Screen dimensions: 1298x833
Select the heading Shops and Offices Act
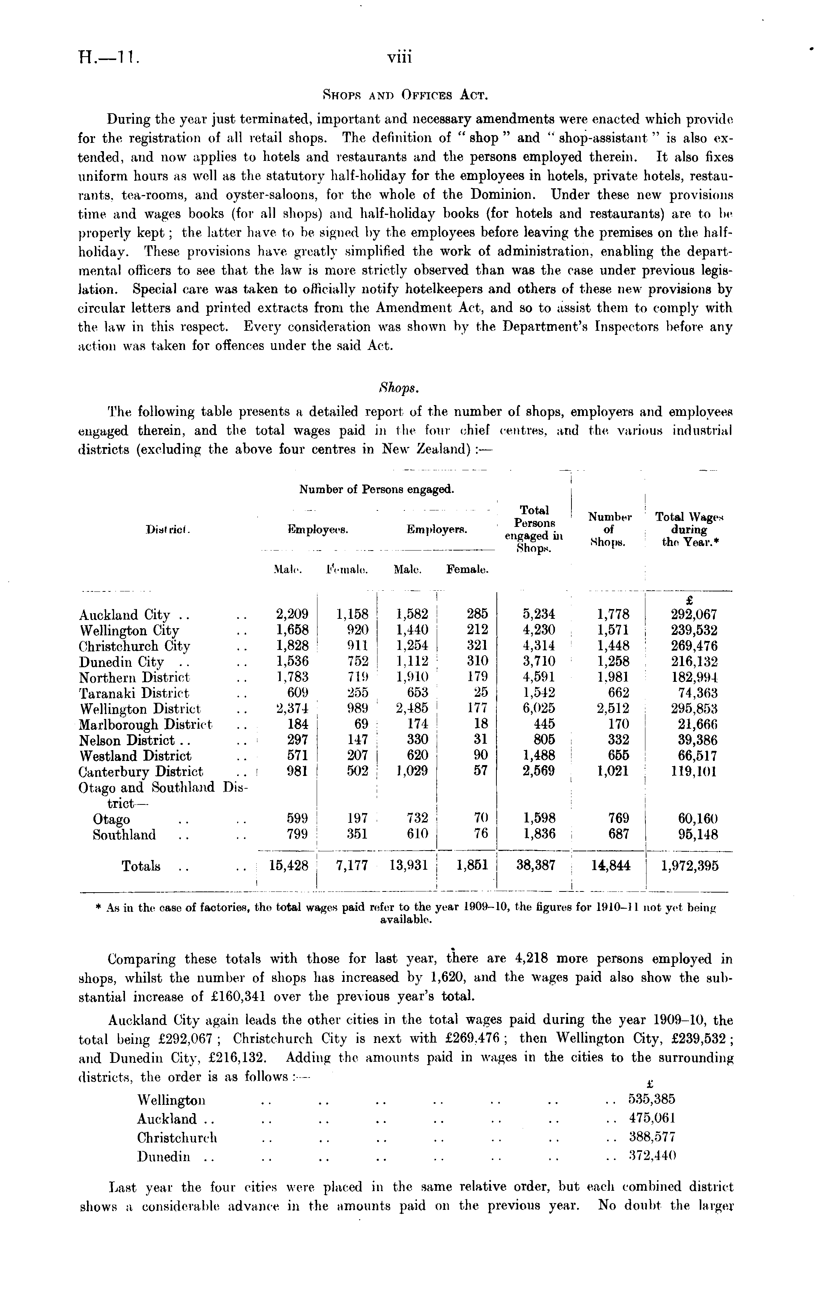[405, 96]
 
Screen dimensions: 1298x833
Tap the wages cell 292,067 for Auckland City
[693, 615]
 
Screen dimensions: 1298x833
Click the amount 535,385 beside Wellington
[652, 1100]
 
